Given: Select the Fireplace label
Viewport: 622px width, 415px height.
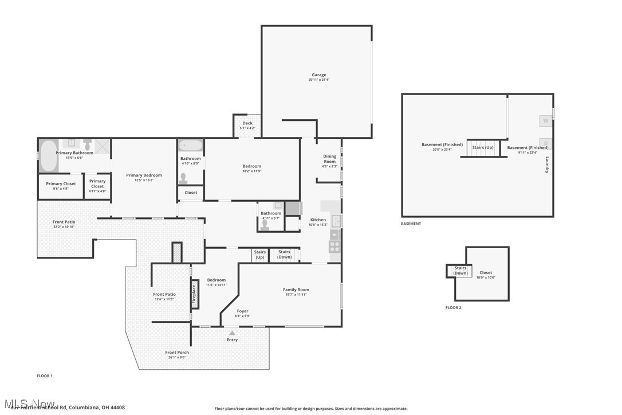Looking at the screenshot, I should coord(194,293).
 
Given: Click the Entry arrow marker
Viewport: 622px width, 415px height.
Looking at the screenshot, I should coord(232,332).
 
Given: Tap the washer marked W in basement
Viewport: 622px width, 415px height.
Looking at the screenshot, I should coord(545,121).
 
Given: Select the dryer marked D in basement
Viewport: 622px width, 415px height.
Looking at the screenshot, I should coord(545,143).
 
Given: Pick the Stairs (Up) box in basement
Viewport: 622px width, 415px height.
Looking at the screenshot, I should coord(482,147).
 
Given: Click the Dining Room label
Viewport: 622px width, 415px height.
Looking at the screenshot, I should coord(330,159).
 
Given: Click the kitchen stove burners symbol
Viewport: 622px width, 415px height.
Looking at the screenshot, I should coord(334,247).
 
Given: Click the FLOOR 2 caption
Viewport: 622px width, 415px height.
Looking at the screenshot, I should coord(453,308).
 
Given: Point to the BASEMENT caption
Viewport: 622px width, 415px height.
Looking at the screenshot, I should coord(411,224).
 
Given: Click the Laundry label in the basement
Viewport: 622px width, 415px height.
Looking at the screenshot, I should coord(547,165).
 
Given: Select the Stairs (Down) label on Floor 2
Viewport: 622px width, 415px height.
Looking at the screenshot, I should coord(460,271).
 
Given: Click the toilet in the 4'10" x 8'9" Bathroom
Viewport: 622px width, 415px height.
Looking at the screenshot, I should coord(184,178).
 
